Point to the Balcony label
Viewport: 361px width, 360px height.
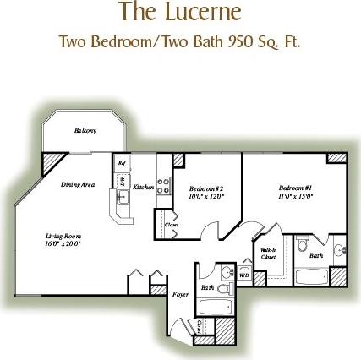(85, 129)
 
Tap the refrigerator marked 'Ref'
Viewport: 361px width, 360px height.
(122, 163)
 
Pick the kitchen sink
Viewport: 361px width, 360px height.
(121, 198)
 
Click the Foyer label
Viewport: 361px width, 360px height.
(180, 295)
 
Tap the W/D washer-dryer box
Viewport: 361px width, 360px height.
(244, 274)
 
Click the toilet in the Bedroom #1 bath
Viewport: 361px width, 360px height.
(302, 245)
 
